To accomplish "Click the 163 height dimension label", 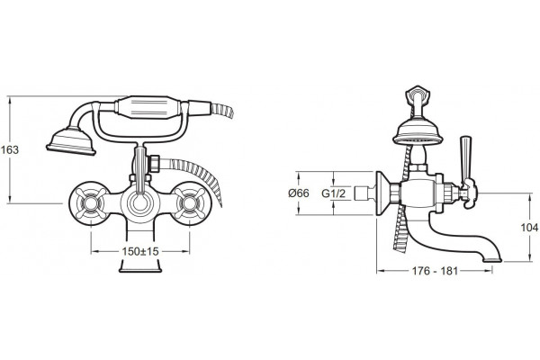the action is point(10,150).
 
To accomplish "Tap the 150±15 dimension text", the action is point(140,251).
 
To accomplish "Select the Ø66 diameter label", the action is point(299,193).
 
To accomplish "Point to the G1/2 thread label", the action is point(333,193).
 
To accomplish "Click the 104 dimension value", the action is point(529,228).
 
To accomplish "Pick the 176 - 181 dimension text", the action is point(435,271).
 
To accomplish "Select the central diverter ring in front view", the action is point(139,204).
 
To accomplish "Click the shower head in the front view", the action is point(71,142).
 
